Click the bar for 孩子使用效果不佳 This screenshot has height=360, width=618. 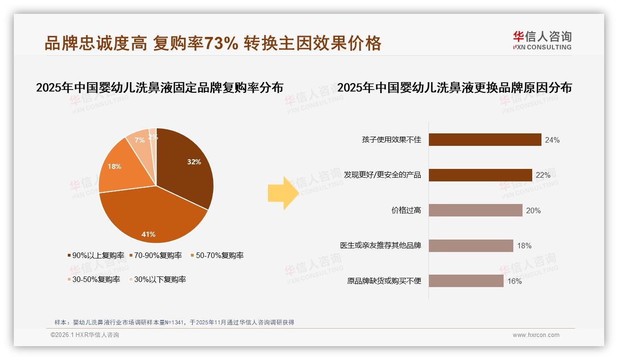(x=485, y=139)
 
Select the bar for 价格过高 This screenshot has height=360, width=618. (x=475, y=210)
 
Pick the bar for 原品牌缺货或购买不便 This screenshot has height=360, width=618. (x=466, y=281)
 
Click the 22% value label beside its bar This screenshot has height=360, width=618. (x=543, y=175)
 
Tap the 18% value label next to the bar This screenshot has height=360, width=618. (x=524, y=246)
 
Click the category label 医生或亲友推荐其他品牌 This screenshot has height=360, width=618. (x=380, y=246)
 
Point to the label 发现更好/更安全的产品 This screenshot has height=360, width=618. (x=382, y=175)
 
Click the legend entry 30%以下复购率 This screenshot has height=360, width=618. (x=160, y=279)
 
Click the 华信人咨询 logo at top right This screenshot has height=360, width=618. (x=542, y=40)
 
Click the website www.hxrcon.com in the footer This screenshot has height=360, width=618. (x=536, y=335)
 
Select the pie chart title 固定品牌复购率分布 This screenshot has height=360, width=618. (x=160, y=88)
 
